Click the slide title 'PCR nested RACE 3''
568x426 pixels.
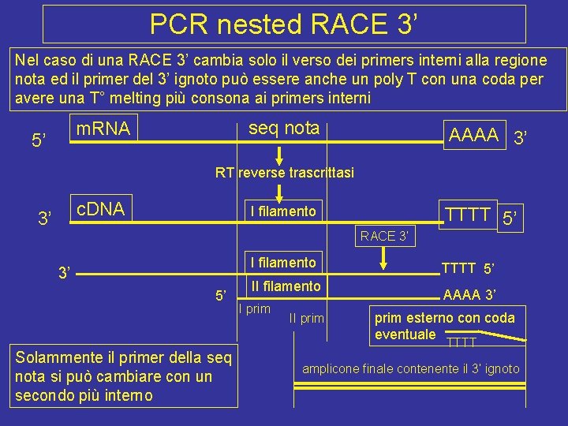pos(283,24)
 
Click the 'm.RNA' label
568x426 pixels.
pos(103,128)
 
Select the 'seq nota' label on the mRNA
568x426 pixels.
pos(284,128)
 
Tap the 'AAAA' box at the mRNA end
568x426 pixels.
pos(473,134)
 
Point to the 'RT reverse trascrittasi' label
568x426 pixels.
pos(285,172)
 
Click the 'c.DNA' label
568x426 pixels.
pos(100,207)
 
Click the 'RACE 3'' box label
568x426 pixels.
pos(384,234)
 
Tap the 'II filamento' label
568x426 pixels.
pos(285,286)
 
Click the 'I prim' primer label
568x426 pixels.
pos(254,308)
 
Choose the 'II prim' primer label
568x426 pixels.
pos(306,319)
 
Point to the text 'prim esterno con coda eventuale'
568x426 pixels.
pos(443,325)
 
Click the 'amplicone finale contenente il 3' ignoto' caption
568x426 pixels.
pos(411,368)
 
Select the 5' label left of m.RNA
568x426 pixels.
pos(40,142)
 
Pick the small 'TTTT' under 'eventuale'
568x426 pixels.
pos(461,342)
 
